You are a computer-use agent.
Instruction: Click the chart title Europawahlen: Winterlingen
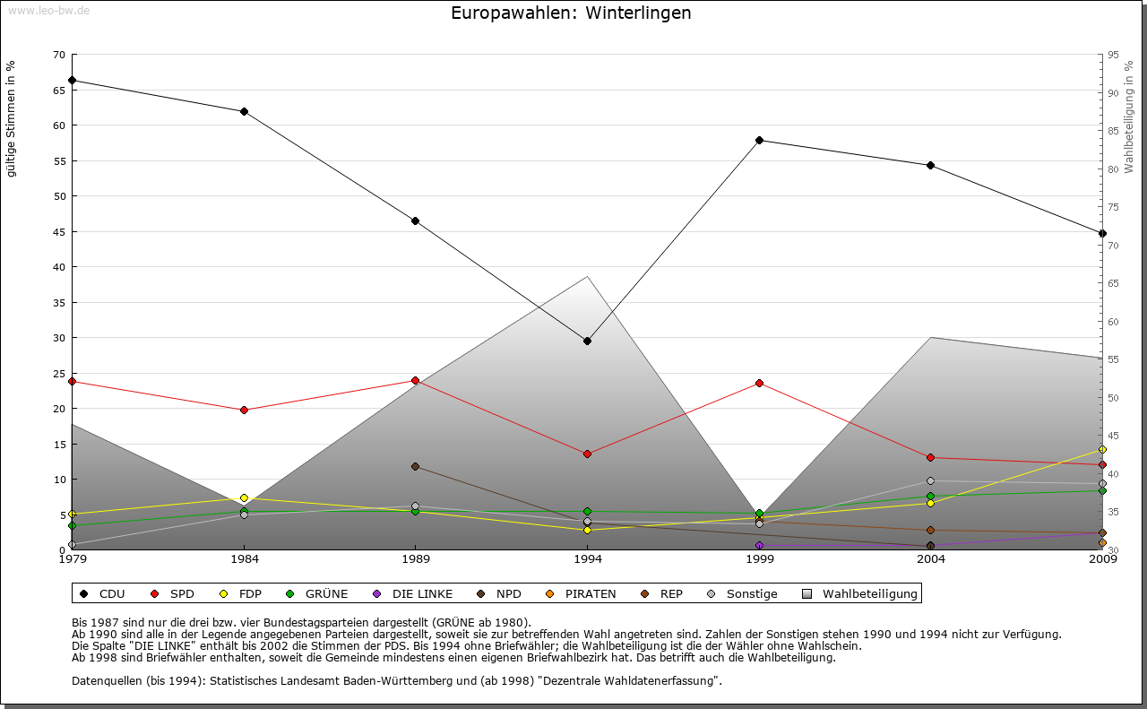571,13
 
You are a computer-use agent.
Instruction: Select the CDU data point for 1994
587,341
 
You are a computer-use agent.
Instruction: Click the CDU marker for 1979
72,80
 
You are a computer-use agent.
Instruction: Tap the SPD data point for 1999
759,383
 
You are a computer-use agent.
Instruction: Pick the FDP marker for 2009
1102,449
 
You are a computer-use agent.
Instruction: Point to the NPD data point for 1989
415,466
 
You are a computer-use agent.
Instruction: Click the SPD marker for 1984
244,410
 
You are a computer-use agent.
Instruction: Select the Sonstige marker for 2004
930,480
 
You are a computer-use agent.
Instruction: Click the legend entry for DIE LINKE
421,593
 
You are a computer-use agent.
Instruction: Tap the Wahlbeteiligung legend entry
869,593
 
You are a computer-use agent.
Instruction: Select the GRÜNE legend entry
325,593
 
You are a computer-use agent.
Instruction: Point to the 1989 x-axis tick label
416,560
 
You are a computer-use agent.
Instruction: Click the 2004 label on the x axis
931,560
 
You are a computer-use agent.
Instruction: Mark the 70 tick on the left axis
58,55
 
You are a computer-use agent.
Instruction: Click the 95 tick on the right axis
1113,55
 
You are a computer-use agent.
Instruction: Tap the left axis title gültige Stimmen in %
12,118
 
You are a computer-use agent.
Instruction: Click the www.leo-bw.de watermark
48,11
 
